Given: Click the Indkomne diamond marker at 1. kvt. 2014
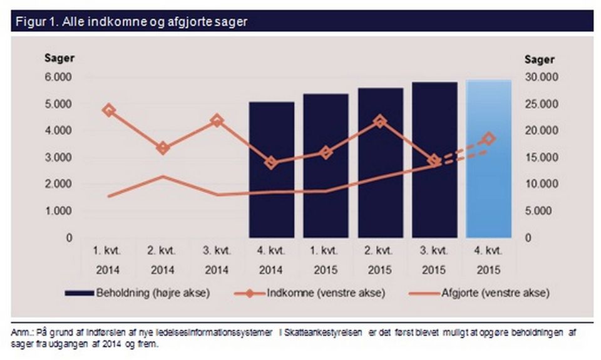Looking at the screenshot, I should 109,110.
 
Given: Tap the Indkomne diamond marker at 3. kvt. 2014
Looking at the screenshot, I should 217,121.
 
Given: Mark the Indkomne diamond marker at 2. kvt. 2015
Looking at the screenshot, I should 380,121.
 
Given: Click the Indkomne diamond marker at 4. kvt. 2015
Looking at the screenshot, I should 489,139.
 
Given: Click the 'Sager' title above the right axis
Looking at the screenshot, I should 539,59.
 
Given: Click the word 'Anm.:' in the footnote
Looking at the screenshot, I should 23,332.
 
